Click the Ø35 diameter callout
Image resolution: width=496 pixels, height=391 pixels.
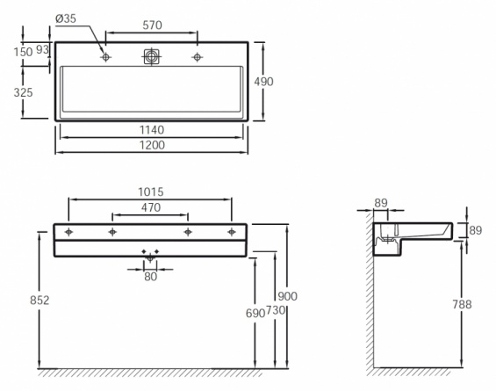tap(66, 18)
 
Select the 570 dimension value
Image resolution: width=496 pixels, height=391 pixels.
tap(152, 25)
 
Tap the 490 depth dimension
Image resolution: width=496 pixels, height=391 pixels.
tap(263, 82)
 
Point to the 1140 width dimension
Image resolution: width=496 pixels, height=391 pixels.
tap(152, 130)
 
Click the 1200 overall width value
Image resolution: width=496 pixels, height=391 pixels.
tap(152, 145)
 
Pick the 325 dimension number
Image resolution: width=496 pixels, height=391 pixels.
tap(23, 92)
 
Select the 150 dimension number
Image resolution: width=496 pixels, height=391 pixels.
tap(23, 52)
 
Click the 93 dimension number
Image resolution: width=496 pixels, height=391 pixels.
tap(42, 49)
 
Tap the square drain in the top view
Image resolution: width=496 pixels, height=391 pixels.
tap(152, 57)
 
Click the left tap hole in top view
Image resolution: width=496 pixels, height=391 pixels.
tap(105, 57)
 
